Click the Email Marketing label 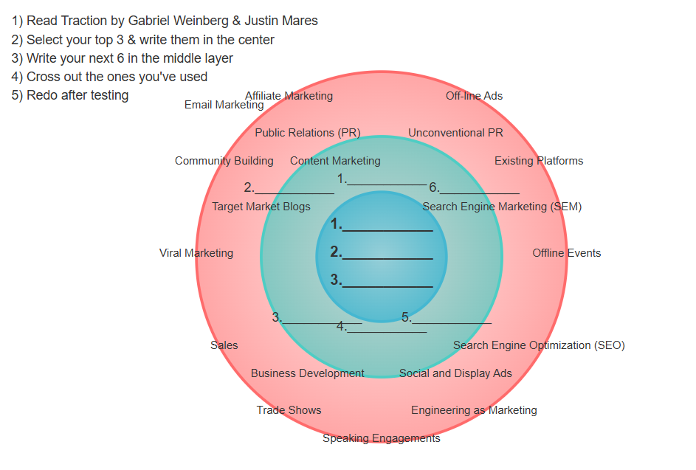[224, 105]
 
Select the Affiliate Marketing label [289, 96]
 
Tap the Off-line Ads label [474, 96]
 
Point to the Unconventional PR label [455, 133]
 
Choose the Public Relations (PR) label [308, 133]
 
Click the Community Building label [224, 161]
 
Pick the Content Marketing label [335, 161]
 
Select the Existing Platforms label [539, 161]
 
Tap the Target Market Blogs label [261, 207]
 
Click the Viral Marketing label [196, 253]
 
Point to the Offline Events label [567, 253]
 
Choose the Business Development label [308, 373]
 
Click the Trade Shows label [289, 410]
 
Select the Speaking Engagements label [382, 438]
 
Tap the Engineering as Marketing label [474, 410]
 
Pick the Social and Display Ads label [455, 373]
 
